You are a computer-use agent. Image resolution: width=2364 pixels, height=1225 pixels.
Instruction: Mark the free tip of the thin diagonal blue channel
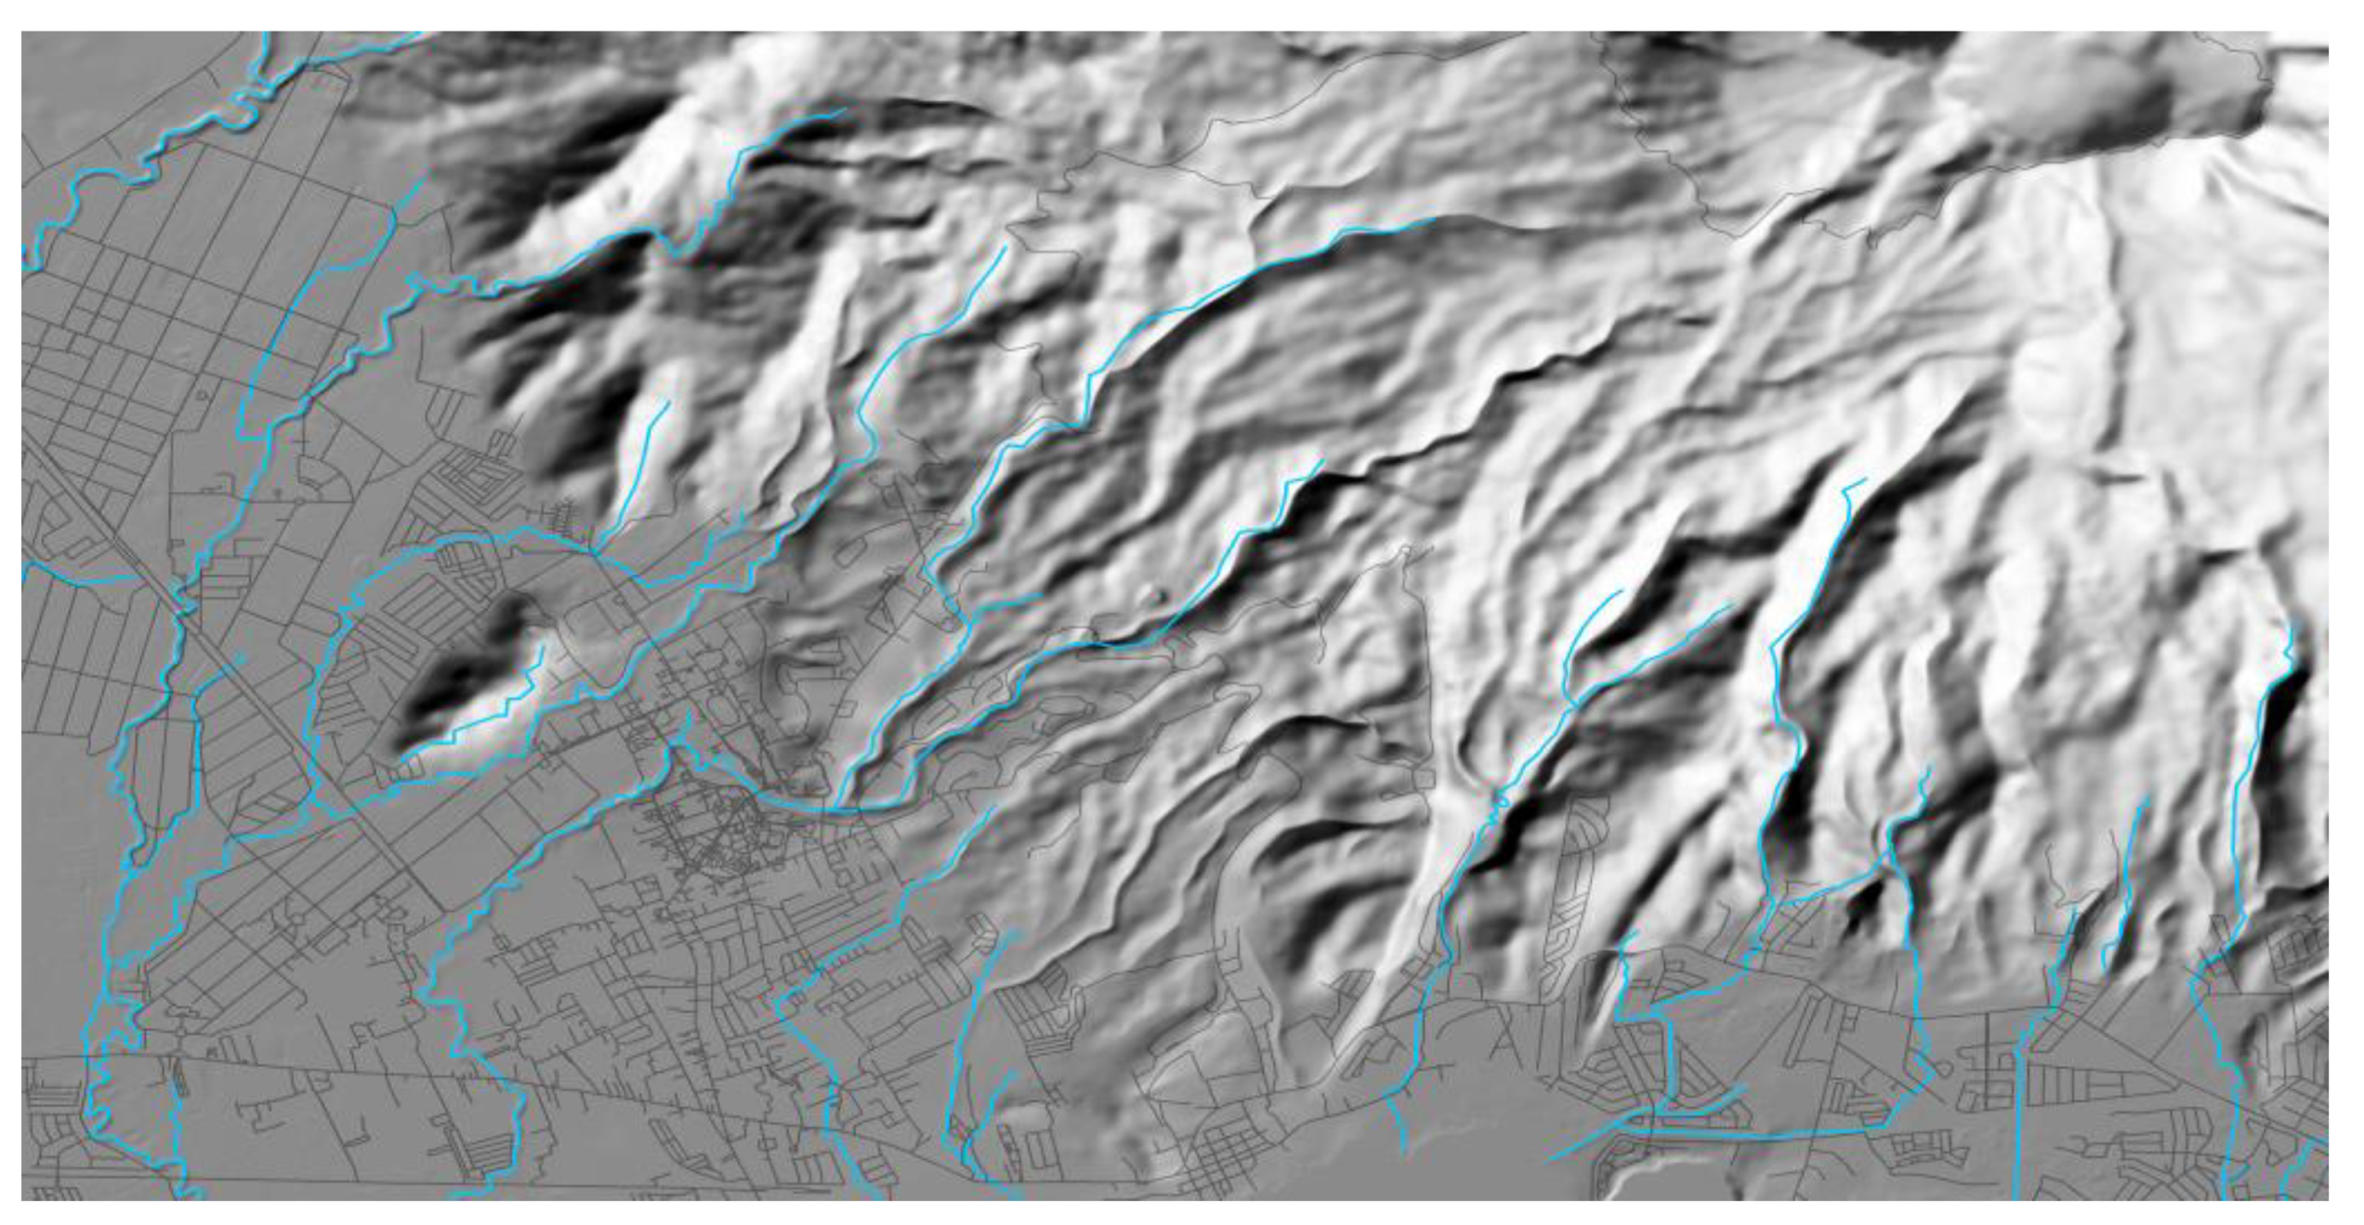click(x=1547, y=1160)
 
